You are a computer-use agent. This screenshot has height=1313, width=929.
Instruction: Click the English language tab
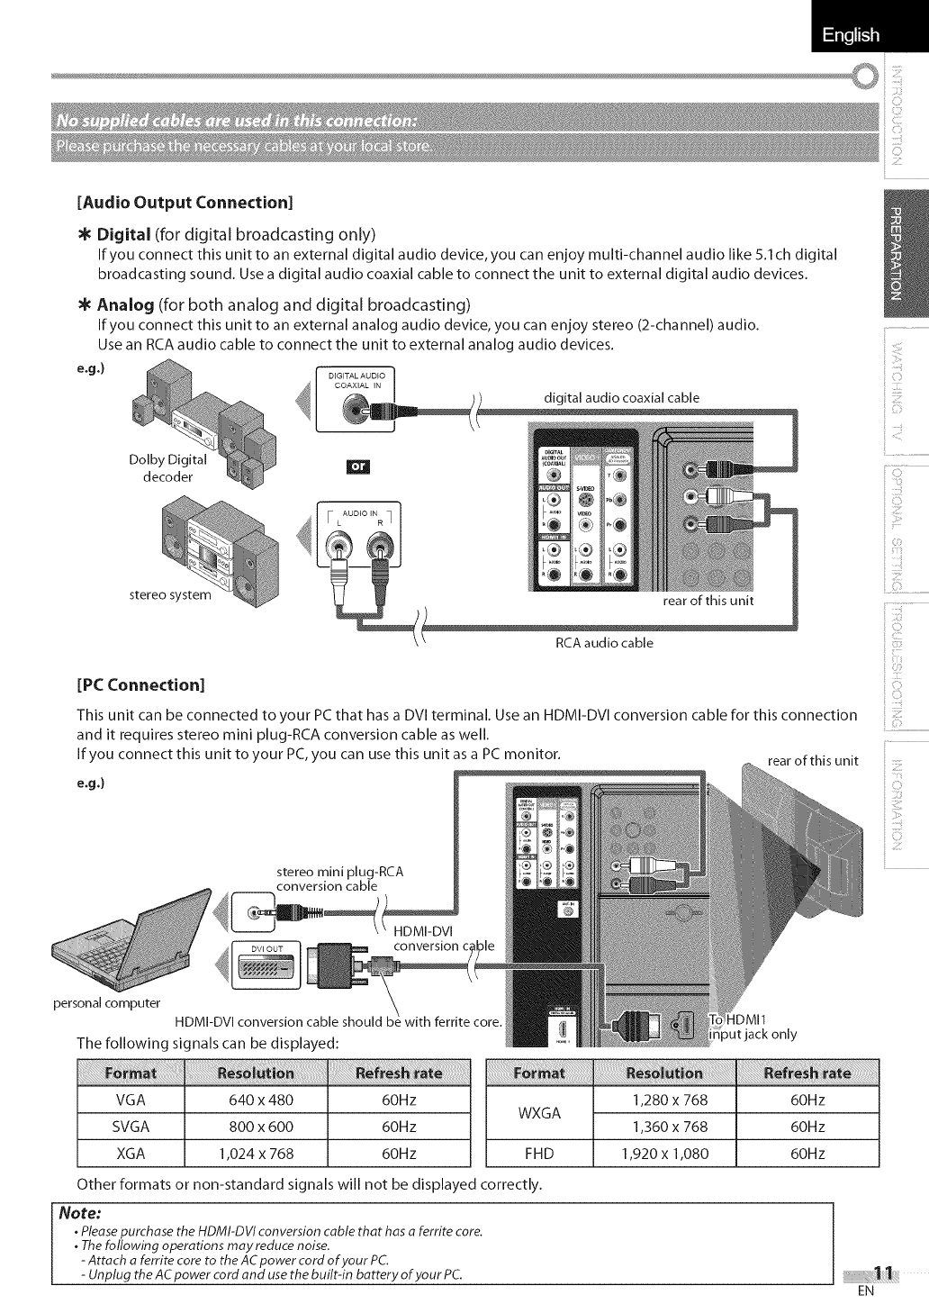pos(850,35)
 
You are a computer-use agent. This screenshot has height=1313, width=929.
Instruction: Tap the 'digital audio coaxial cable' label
pos(621,397)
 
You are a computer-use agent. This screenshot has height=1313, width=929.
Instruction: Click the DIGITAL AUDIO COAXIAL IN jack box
pos(356,401)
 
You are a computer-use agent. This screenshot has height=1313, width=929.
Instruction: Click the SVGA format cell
pos(131,1127)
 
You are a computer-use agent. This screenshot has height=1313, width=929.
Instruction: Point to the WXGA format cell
pos(540,1113)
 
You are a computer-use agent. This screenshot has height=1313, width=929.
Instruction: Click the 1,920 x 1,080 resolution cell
pos(670,1154)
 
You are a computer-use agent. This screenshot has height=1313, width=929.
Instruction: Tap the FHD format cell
pos(540,1154)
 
